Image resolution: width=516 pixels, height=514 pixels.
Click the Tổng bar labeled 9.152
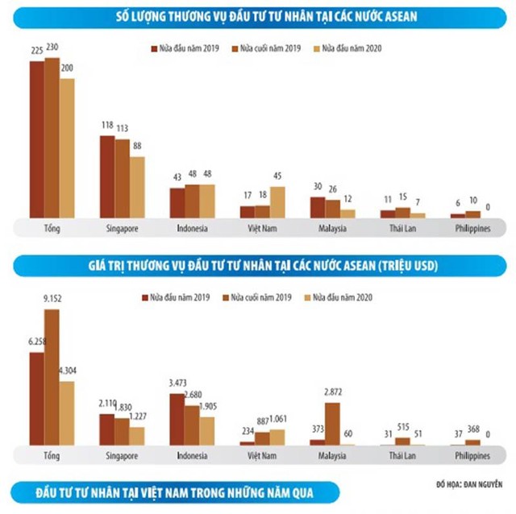(x=52, y=377)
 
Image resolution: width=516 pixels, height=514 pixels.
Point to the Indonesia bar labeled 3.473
(x=177, y=419)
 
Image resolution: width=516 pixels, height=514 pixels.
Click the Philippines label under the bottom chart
(x=472, y=456)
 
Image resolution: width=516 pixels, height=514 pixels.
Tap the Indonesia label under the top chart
(x=192, y=229)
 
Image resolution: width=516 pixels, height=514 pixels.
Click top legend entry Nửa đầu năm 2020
(x=351, y=48)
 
